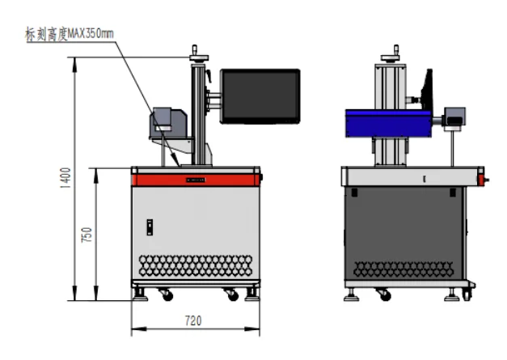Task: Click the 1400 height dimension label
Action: click(65, 178)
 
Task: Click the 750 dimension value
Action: click(87, 235)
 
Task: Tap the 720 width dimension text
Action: click(193, 320)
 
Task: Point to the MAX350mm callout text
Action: click(91, 34)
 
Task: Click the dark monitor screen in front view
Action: click(260, 96)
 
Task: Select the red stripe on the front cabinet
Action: click(196, 180)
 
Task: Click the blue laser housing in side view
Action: click(388, 123)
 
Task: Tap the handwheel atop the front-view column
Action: click(199, 57)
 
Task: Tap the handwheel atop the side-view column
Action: click(391, 57)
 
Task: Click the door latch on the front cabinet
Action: click(150, 227)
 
